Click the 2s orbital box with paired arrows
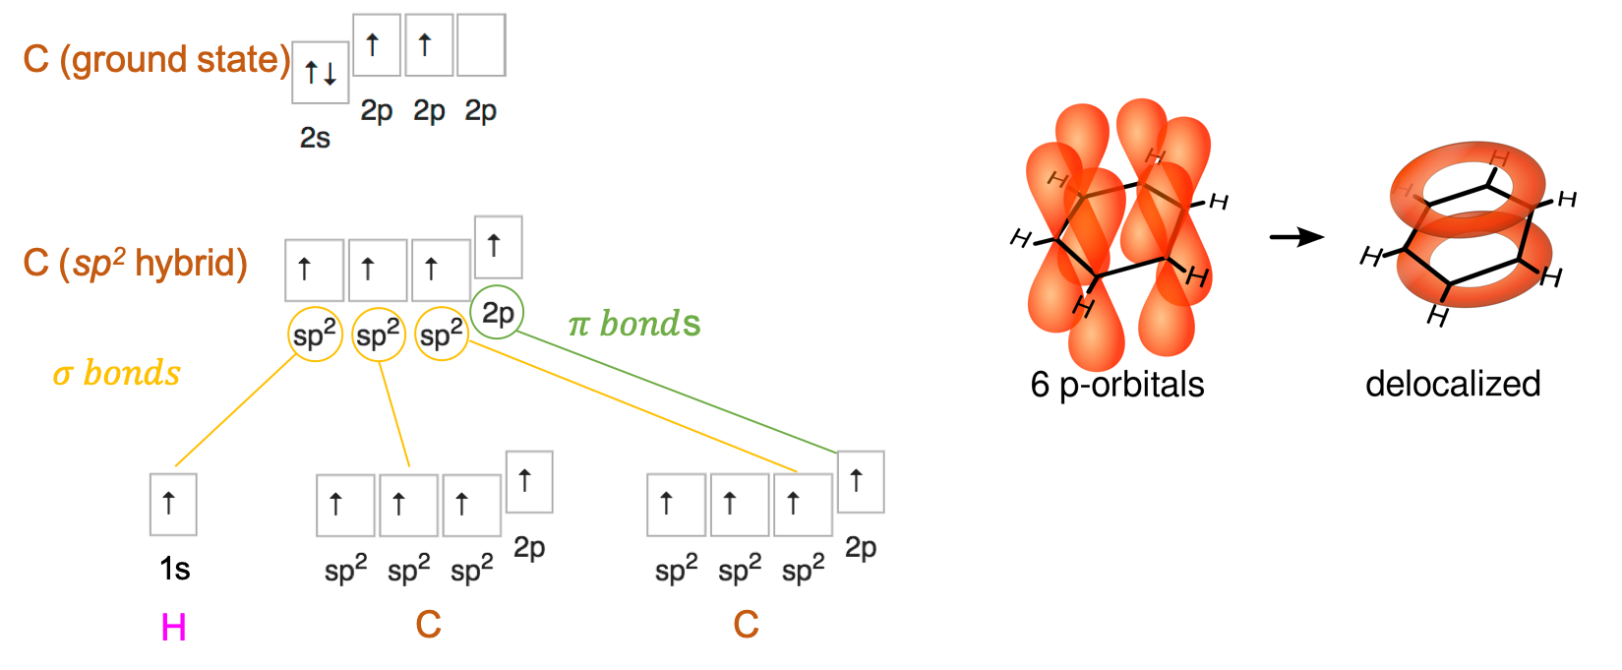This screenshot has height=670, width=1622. point(321,72)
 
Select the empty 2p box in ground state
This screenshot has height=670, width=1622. point(481,44)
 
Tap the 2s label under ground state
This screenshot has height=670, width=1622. point(315,138)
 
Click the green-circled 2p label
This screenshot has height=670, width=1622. point(498,313)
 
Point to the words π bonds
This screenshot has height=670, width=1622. point(634,324)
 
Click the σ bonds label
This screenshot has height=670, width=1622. point(117,374)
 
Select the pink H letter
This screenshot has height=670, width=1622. point(173,627)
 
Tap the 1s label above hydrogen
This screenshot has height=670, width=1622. point(174,569)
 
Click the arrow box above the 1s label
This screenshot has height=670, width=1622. point(172,504)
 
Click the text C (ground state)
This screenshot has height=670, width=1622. point(155,60)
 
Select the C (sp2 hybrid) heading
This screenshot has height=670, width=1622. point(135,264)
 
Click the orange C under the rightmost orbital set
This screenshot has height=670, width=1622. point(746,624)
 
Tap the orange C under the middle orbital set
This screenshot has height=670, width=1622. point(428,624)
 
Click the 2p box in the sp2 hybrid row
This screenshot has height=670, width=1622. point(498,245)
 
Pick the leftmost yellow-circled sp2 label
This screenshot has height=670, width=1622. point(315,335)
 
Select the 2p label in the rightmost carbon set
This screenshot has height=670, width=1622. point(861,547)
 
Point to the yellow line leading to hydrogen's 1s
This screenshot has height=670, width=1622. point(234,411)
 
